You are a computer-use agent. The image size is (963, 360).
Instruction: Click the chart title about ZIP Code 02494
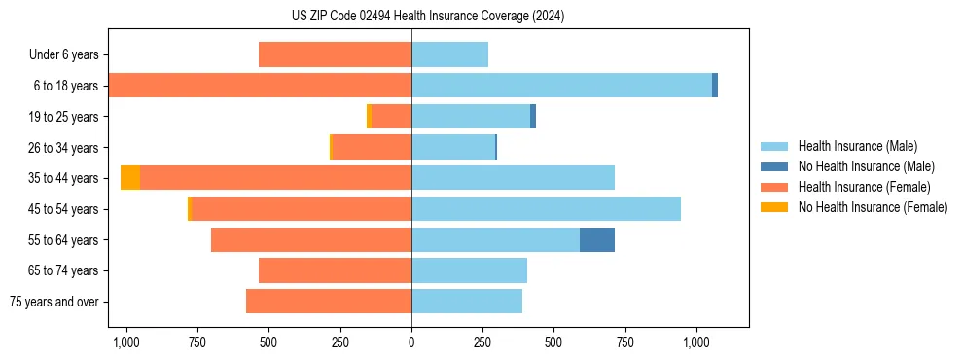point(427,17)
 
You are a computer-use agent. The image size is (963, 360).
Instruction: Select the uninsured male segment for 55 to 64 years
point(597,239)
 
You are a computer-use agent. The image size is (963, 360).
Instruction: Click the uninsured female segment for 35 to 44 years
point(130,178)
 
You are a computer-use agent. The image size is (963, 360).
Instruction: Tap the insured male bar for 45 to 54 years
point(546,208)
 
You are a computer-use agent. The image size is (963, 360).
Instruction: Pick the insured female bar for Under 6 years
point(335,54)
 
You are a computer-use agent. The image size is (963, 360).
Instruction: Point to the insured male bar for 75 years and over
point(467,302)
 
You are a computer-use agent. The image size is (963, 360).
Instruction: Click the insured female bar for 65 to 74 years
point(335,270)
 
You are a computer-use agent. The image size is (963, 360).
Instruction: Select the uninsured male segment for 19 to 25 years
point(533,117)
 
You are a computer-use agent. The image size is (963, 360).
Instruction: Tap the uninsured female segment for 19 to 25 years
point(369,117)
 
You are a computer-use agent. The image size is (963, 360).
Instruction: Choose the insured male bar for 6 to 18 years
point(561,86)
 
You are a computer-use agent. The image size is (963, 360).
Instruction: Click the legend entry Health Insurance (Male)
point(857,146)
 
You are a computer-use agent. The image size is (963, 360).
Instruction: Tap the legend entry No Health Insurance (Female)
point(873,207)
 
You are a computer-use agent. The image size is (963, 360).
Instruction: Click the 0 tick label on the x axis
point(411,343)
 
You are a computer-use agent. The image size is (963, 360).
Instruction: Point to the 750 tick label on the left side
point(197,343)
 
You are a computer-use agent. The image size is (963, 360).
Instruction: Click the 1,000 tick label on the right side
point(696,343)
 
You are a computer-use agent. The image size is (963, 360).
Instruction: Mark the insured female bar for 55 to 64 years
point(311,239)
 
